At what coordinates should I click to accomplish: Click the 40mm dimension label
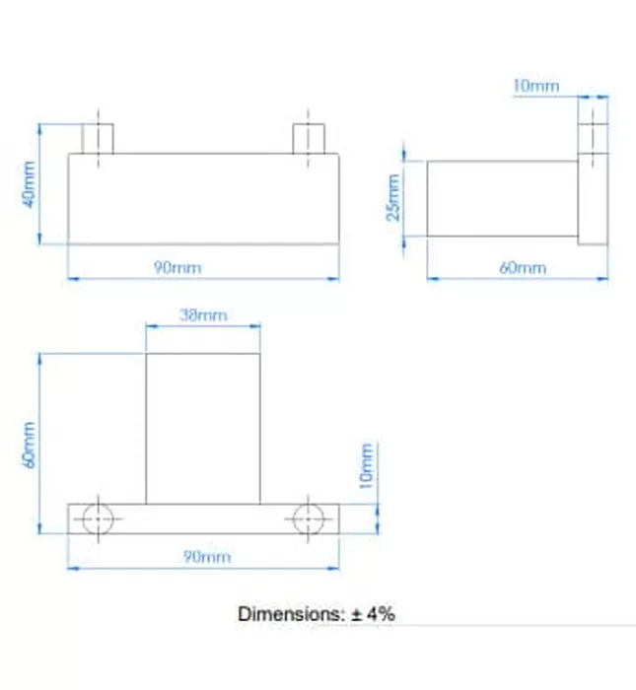tap(29, 184)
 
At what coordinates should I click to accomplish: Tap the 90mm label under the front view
tap(177, 267)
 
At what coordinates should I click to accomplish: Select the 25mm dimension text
tap(393, 197)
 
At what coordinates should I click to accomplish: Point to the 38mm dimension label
tap(203, 315)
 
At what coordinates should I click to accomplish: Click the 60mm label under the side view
tap(523, 268)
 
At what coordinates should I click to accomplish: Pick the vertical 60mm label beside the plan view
tap(29, 445)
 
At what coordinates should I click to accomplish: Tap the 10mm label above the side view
tap(536, 86)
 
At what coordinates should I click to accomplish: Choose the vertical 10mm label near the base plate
tap(366, 465)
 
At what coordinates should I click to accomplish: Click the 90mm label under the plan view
tap(207, 557)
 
